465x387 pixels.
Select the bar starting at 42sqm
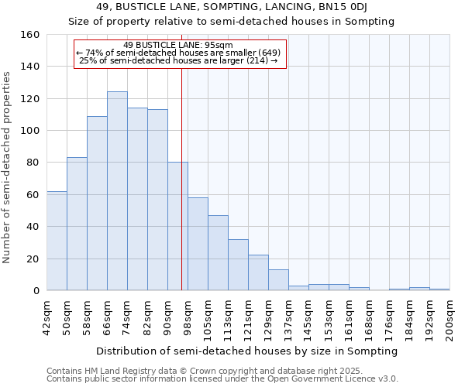tap(57, 241)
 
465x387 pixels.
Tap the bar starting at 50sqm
tap(77, 224)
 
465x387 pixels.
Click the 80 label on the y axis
tap(33, 163)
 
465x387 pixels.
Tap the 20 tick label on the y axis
tap(33, 259)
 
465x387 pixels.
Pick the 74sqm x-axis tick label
tap(127, 317)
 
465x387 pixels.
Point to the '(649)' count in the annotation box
tap(267, 53)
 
